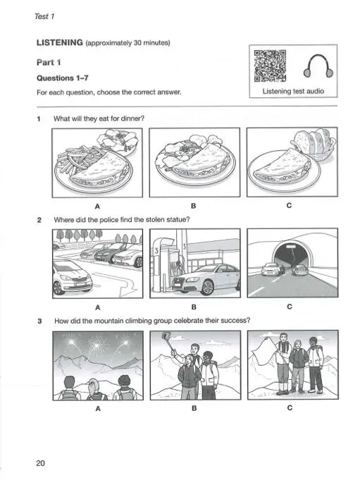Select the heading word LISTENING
tap(59, 44)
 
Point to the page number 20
tap(40, 462)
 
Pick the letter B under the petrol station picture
tap(194, 307)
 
